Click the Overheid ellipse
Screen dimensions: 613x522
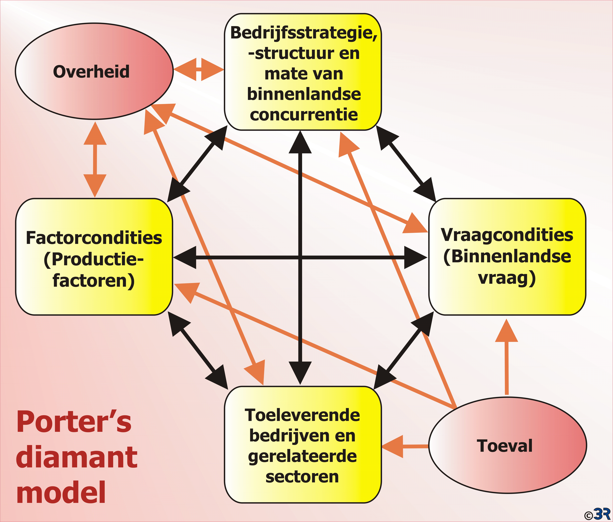tap(94, 71)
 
